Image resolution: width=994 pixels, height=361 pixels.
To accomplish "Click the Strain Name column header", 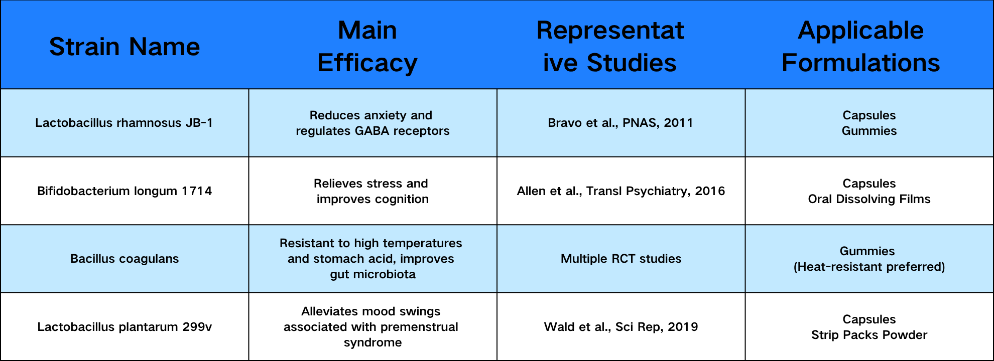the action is click(x=125, y=47).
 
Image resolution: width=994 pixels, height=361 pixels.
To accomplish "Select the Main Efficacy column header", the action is click(x=367, y=47).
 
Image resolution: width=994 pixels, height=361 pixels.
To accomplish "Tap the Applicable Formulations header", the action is click(x=861, y=47).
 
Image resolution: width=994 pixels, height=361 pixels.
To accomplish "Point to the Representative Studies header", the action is click(x=610, y=47).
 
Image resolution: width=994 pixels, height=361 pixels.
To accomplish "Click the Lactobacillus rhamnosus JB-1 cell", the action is click(x=124, y=123).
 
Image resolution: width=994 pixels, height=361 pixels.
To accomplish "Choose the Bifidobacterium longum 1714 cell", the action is click(x=125, y=191).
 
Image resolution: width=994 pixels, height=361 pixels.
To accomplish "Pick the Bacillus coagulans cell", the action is click(x=125, y=259).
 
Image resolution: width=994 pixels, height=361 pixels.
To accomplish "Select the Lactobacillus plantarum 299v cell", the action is click(x=125, y=327).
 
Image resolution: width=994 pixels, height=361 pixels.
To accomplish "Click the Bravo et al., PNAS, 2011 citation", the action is click(x=620, y=123).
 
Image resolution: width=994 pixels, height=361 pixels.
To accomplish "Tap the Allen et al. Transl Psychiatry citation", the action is click(x=621, y=191).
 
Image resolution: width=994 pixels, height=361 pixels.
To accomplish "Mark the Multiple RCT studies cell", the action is click(x=621, y=259).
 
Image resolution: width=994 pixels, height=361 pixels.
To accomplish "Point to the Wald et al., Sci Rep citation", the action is click(x=621, y=327).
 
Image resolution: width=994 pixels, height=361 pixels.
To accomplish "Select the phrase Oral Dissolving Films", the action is click(x=869, y=199).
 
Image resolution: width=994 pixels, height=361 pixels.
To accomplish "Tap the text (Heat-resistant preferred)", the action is click(x=869, y=267).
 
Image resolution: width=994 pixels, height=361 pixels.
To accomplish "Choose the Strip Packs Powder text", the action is click(x=869, y=335).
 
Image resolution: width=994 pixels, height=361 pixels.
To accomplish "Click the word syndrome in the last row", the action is click(x=372, y=343).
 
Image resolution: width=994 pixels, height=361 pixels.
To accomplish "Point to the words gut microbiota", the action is click(x=372, y=274).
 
